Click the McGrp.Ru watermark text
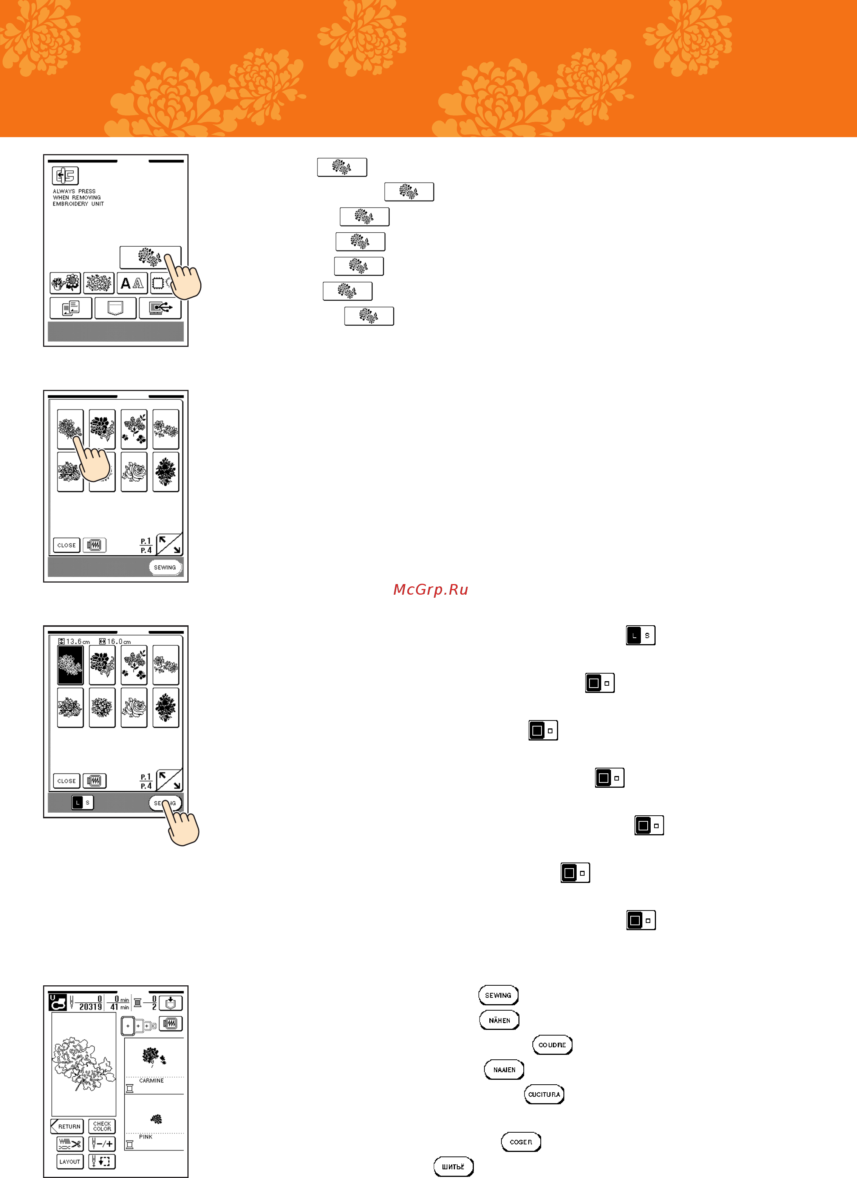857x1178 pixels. pos(430,589)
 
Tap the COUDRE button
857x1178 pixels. pos(552,1045)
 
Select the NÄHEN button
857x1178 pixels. pos(499,1020)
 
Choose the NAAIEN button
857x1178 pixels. pos(504,1070)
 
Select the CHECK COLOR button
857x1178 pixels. pos(102,1126)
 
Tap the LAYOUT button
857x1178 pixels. pos(70,1161)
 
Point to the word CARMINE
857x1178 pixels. pos(151,1081)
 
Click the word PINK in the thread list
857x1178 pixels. pos(145,1136)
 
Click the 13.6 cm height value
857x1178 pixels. pos(77,642)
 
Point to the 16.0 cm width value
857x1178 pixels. pos(118,642)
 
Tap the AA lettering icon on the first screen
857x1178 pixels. pos(132,283)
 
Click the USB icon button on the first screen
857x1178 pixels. pos(160,308)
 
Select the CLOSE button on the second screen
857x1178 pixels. pos(67,545)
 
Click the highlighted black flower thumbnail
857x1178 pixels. pos(70,665)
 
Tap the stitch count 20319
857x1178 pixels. pos(90,1006)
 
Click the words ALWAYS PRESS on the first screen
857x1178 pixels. pos(74,191)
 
